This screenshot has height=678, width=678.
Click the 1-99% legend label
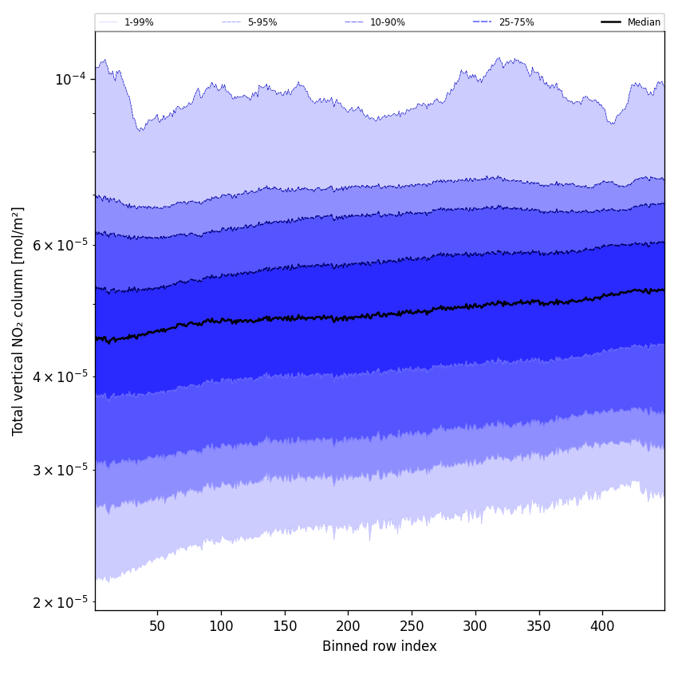point(139,22)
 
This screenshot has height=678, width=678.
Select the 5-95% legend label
point(262,22)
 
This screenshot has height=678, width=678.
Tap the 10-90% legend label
point(388,22)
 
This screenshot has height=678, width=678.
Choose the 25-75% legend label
point(516,22)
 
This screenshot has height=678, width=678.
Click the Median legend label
point(644,22)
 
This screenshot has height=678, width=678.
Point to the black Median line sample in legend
point(612,22)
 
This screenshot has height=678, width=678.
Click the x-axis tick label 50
point(157,626)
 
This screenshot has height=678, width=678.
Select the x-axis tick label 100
point(221,626)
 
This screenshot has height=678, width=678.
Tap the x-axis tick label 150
point(285,626)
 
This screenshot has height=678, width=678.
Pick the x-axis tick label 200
point(348,626)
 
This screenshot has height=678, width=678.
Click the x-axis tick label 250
point(412,626)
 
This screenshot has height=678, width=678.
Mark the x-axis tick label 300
point(475,626)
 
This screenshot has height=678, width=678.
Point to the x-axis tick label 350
point(539,626)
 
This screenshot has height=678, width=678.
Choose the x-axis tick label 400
point(602,626)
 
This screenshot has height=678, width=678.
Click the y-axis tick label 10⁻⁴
point(70,79)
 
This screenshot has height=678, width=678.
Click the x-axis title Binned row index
point(380,646)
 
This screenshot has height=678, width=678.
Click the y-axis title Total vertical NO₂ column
point(18,321)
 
